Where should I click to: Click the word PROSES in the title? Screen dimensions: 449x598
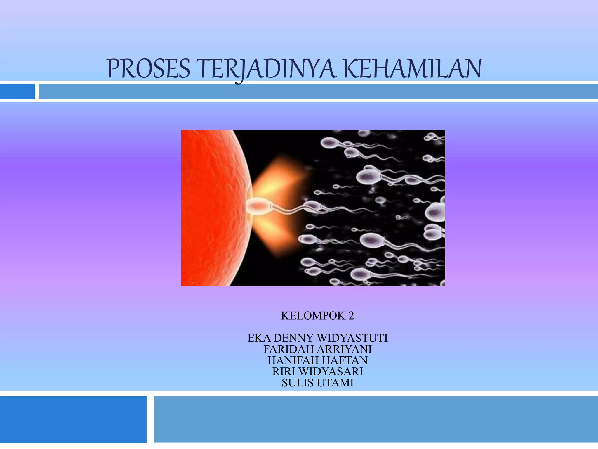(x=149, y=69)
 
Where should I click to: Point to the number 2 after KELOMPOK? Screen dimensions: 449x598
(x=351, y=316)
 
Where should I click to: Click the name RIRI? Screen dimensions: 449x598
(x=284, y=371)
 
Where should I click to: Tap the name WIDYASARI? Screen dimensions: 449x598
(x=331, y=371)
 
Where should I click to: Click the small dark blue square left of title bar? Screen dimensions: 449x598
(x=17, y=91)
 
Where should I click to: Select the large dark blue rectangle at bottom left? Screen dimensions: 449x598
(x=73, y=419)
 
